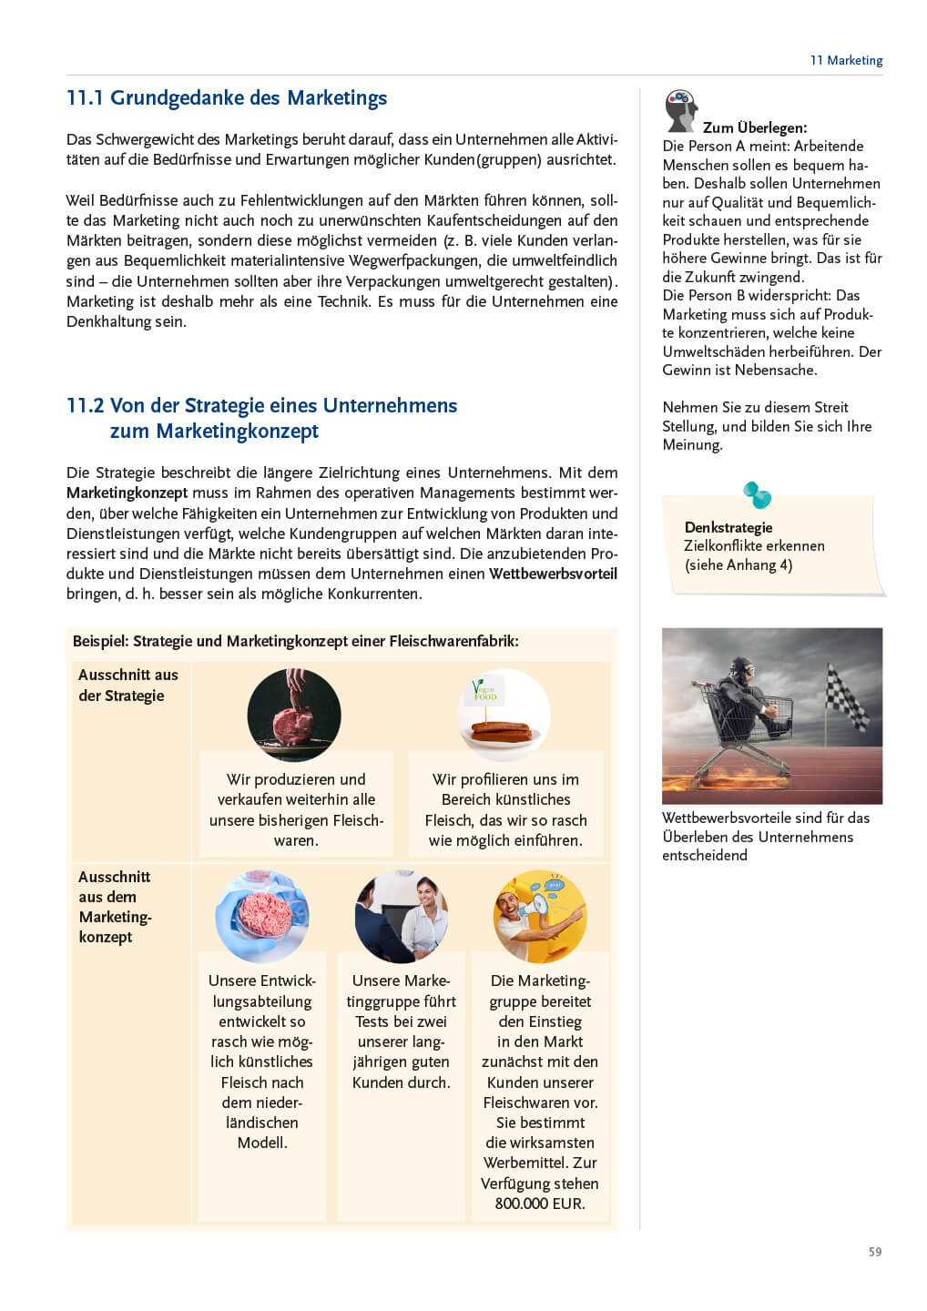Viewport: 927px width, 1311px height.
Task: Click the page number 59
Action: click(x=874, y=1252)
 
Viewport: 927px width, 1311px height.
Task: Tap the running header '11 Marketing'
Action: click(x=846, y=60)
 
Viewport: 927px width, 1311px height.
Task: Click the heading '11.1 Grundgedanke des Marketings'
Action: click(x=227, y=98)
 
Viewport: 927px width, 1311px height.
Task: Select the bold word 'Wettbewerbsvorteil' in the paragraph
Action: click(x=553, y=574)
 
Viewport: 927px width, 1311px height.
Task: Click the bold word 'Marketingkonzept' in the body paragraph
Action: click(x=127, y=493)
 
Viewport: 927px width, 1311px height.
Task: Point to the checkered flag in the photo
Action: click(x=847, y=697)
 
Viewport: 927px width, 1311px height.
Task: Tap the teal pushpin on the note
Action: click(x=757, y=494)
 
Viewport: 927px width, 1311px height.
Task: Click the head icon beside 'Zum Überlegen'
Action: click(x=680, y=109)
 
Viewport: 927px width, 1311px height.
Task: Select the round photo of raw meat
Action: click(x=294, y=715)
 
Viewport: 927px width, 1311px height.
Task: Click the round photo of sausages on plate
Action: click(x=504, y=715)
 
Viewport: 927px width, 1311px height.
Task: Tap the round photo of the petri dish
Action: click(x=262, y=916)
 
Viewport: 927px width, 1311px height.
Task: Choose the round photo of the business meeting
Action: click(x=402, y=916)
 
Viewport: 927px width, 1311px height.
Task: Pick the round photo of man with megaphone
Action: click(x=540, y=916)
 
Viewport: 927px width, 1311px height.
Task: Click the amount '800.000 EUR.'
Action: click(x=540, y=1204)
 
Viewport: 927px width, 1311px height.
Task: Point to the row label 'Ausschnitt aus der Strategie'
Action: click(x=128, y=685)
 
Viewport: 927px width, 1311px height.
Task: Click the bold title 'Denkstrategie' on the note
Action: click(x=728, y=527)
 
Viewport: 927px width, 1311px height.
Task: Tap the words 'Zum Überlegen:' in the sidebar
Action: click(x=754, y=127)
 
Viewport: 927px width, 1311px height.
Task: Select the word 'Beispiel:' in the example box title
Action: click(x=100, y=641)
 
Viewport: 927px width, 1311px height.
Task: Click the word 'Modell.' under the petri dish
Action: click(x=262, y=1143)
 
